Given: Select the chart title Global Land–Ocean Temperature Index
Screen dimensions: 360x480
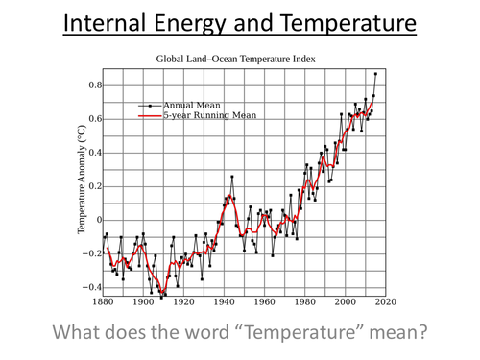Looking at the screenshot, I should tap(236, 60).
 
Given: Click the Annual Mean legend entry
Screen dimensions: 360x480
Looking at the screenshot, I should tap(190, 104).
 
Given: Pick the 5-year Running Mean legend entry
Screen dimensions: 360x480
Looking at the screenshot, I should tap(209, 114).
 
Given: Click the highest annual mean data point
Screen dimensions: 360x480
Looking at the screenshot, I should tap(375, 74).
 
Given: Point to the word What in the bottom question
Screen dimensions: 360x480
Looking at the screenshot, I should tap(82, 333).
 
